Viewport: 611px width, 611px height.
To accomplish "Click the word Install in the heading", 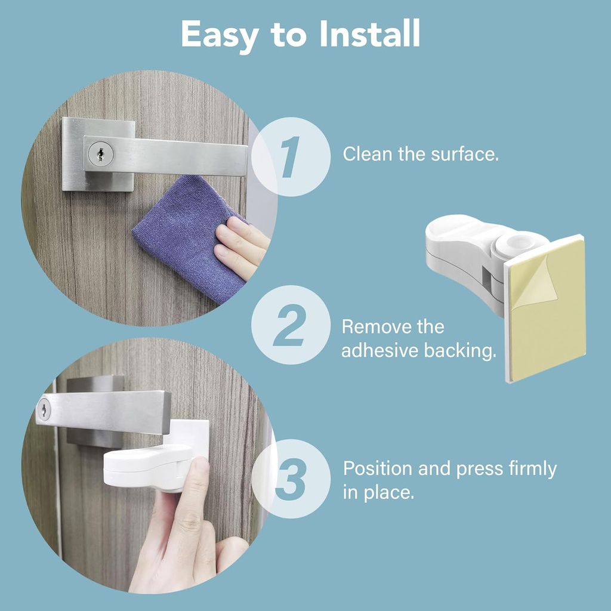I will click(x=370, y=35).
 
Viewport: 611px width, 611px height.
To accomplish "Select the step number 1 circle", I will click(x=291, y=157).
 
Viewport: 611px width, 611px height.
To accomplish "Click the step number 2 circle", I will click(x=291, y=325).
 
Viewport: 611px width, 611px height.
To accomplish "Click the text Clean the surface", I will click(x=420, y=154).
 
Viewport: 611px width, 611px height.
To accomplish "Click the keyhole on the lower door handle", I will click(x=45, y=410).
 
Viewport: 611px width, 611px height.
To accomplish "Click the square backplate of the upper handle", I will click(x=75, y=179).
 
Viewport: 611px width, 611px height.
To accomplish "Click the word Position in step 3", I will click(x=377, y=469).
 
